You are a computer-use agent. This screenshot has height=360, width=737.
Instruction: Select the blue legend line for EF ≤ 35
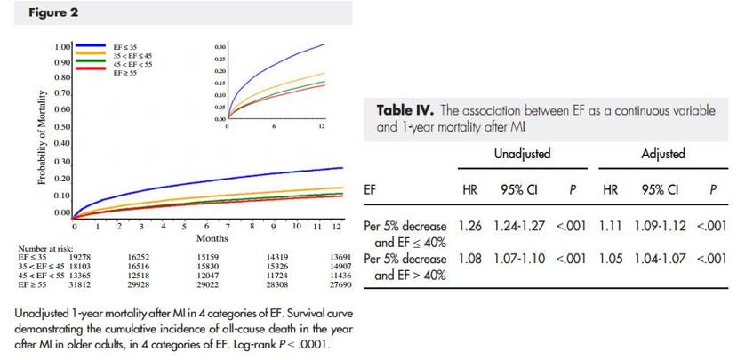92,45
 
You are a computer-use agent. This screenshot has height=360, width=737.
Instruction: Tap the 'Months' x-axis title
212,237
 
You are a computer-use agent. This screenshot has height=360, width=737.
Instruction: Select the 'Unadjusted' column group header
522,154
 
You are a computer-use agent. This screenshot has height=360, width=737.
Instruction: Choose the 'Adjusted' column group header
662,154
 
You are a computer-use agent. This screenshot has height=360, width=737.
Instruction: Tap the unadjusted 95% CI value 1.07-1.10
522,259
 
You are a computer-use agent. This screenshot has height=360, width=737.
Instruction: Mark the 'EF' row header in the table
372,190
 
